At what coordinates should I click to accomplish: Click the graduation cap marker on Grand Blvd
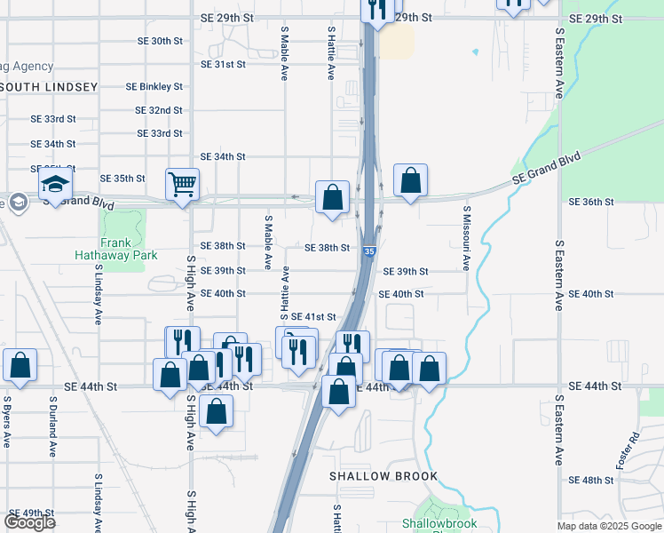pyautogui.click(x=55, y=187)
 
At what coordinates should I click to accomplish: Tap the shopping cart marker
pyautogui.click(x=182, y=186)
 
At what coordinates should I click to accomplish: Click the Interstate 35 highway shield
pyautogui.click(x=368, y=253)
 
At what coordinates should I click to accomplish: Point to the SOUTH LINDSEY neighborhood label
pyautogui.click(x=50, y=87)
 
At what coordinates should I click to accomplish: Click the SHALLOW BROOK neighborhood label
pyautogui.click(x=383, y=476)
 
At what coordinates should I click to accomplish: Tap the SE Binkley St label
pyautogui.click(x=154, y=87)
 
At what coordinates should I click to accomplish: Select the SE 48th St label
pyautogui.click(x=590, y=480)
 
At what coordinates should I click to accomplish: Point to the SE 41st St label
pyautogui.click(x=313, y=316)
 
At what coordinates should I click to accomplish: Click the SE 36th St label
pyautogui.click(x=590, y=202)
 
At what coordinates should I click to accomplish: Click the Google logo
pyautogui.click(x=29, y=521)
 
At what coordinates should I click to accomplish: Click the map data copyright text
pyautogui.click(x=609, y=526)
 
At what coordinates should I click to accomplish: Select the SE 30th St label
pyautogui.click(x=160, y=41)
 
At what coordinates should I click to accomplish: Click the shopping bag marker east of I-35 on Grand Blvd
pyautogui.click(x=410, y=181)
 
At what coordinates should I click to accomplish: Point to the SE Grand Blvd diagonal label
pyautogui.click(x=546, y=168)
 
